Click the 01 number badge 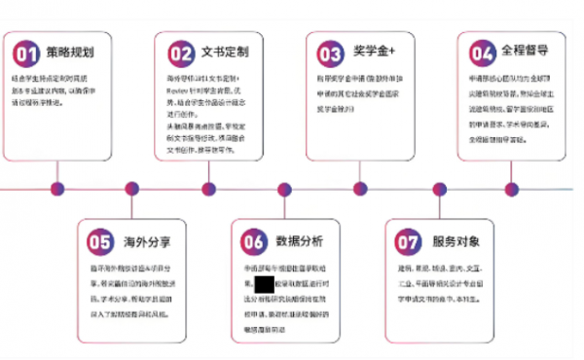click(x=28, y=52)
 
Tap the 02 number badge click(x=180, y=52)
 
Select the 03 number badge click(x=331, y=52)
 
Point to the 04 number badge click(x=482, y=52)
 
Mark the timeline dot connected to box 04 click(x=511, y=189)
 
